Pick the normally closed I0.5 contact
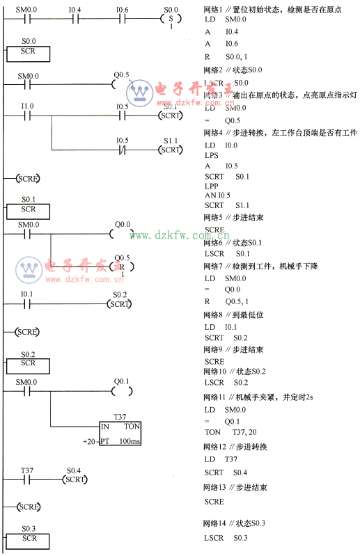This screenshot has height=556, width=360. point(122,150)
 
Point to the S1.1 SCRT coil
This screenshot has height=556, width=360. point(171,150)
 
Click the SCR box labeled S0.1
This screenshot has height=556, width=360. point(29,209)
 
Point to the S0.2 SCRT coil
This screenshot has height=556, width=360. point(120,304)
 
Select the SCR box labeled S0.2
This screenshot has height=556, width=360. point(29,363)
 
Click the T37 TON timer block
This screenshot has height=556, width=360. point(120,434)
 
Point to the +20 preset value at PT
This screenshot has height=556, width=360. point(88,442)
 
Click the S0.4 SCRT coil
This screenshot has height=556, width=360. point(75,479)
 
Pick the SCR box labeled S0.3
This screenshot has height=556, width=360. point(29,539)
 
